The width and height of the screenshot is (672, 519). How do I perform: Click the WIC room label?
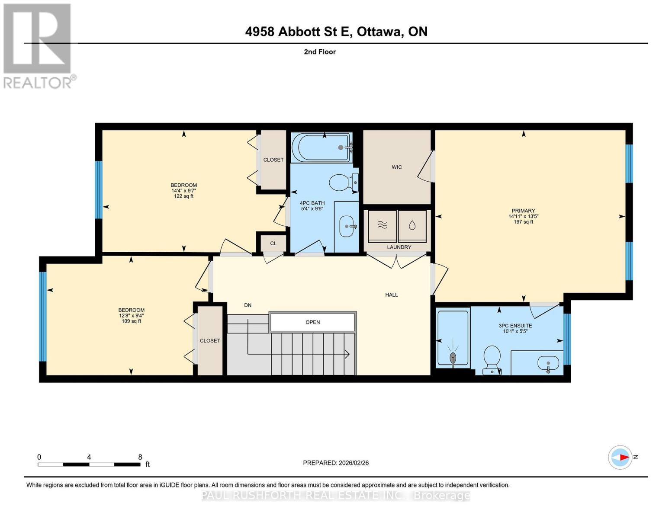(396, 167)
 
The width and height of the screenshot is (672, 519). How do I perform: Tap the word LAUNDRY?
(399, 247)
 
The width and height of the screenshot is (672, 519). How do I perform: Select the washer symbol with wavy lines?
(382, 225)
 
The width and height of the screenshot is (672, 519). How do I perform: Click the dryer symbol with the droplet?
(412, 225)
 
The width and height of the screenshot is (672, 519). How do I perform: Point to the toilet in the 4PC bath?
(343, 183)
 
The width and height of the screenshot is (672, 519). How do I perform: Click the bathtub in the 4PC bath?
(321, 147)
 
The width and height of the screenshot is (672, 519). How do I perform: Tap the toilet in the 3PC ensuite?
(492, 358)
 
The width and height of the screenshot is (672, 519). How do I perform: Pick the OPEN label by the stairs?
(312, 322)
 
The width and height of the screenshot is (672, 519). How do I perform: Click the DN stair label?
(248, 305)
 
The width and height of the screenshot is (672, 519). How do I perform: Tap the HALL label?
(391, 295)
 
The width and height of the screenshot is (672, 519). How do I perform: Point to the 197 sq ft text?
(523, 222)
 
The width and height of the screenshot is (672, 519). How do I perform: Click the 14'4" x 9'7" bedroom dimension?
(183, 191)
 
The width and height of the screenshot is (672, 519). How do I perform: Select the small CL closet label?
(273, 243)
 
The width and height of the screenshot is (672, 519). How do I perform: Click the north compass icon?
(620, 457)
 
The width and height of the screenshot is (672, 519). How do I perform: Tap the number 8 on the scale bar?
(140, 457)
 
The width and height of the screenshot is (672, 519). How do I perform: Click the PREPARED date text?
(336, 463)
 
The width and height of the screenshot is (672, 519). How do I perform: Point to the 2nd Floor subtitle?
(320, 52)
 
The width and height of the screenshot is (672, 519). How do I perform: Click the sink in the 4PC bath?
(348, 226)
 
